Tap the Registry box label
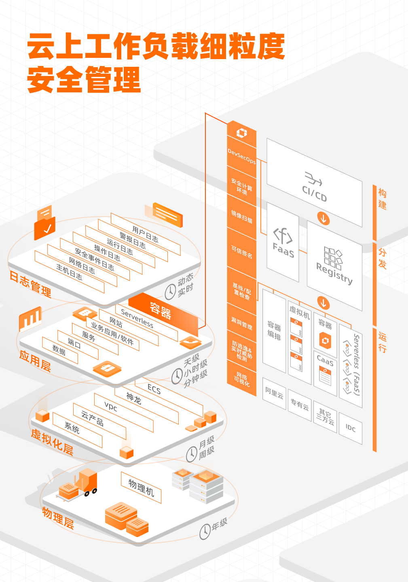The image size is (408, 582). [x=334, y=273]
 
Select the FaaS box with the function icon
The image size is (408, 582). [x=283, y=242]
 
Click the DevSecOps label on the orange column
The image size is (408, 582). [x=241, y=156]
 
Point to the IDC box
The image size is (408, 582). [x=350, y=428]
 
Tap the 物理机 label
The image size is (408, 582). [x=141, y=487]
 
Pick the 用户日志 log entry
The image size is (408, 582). [x=145, y=234]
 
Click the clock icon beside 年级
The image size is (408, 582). [x=205, y=531]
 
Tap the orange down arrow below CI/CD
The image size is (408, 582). [x=323, y=218]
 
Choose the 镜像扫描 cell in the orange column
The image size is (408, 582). [x=241, y=217]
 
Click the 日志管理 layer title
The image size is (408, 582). [x=30, y=284]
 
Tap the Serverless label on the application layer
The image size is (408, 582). [x=137, y=319]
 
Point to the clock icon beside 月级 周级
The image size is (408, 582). [x=192, y=454]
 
